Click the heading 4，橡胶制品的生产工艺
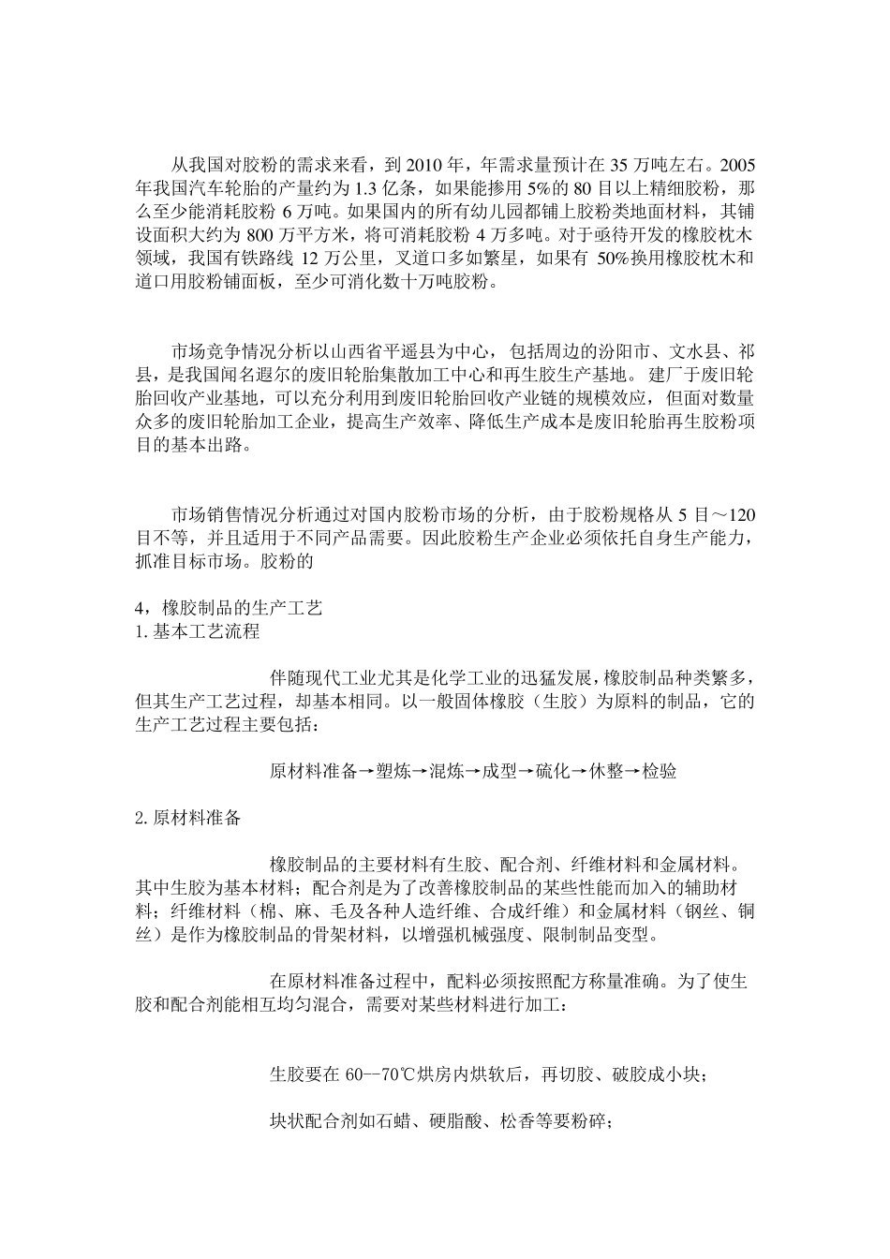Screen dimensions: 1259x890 (230, 608)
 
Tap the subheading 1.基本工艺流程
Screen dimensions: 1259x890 (198, 630)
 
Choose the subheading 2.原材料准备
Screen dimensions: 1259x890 (188, 817)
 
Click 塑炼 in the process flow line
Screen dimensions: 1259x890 (393, 771)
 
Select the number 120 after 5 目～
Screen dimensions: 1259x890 (739, 514)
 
